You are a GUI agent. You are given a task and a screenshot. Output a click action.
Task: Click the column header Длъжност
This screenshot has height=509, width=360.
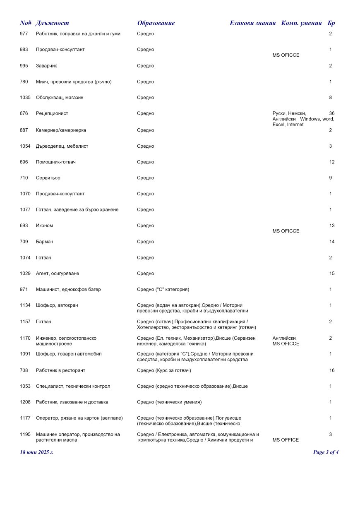[53, 23]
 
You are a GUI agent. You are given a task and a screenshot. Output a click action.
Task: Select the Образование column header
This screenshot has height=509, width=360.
[156, 23]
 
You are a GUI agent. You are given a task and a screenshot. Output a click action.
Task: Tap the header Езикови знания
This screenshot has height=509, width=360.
[252, 23]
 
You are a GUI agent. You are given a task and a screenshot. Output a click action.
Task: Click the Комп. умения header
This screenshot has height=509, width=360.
[301, 23]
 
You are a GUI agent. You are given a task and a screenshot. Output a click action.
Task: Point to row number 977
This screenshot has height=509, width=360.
[24, 34]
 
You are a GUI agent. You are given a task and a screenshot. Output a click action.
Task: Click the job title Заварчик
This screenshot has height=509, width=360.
[46, 66]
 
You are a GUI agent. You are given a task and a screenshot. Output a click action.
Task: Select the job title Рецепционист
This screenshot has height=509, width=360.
[52, 113]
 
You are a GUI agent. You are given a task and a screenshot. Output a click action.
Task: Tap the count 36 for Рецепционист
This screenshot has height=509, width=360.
[331, 113]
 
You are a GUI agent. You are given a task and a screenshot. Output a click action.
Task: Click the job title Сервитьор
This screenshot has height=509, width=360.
[48, 178]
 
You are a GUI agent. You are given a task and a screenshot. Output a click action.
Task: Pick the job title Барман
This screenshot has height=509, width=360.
[45, 242]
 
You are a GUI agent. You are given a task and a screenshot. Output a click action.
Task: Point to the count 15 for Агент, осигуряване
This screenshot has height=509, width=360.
[331, 274]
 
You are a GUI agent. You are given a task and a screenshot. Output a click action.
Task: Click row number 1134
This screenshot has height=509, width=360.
[25, 305]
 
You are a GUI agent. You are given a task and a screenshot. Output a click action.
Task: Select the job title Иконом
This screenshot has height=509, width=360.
[44, 226]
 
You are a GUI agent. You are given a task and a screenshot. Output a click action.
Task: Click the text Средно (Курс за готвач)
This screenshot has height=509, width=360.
[164, 370]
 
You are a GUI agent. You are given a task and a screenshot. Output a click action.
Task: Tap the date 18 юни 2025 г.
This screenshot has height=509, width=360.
[37, 452]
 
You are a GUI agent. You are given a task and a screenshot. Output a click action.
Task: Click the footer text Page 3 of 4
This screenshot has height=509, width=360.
[326, 452]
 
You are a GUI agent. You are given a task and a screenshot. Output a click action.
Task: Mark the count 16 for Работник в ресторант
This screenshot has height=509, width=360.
[331, 370]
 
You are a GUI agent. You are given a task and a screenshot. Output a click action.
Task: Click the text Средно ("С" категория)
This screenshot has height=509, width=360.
[163, 290]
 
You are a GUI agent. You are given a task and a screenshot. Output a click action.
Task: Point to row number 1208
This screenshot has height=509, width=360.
[25, 402]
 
